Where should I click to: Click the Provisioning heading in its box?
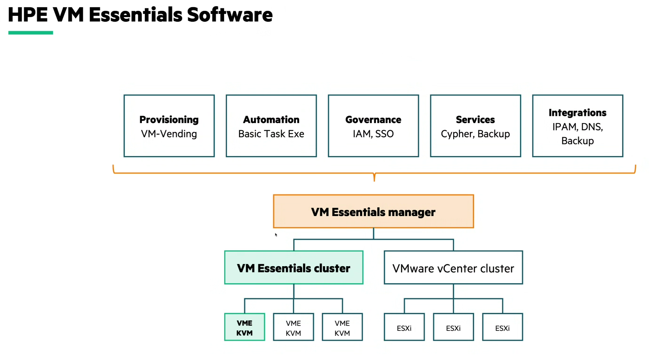[169, 120]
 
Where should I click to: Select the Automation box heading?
[271, 120]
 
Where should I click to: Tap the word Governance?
[373, 120]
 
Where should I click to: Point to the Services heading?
[475, 120]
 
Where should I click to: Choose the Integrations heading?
[578, 113]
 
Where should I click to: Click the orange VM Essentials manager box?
[373, 211]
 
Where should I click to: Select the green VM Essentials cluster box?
[293, 268]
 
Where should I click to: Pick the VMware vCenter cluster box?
[453, 268]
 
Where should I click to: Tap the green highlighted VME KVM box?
[245, 327]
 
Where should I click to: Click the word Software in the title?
[230, 15]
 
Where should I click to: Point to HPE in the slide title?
[28, 15]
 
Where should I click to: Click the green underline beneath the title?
[30, 33]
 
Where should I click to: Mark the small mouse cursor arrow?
[276, 234]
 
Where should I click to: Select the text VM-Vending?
[169, 134]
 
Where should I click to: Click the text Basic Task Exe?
[271, 134]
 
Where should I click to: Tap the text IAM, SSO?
[373, 134]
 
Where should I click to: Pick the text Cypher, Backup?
[475, 134]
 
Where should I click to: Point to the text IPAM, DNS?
[578, 127]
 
